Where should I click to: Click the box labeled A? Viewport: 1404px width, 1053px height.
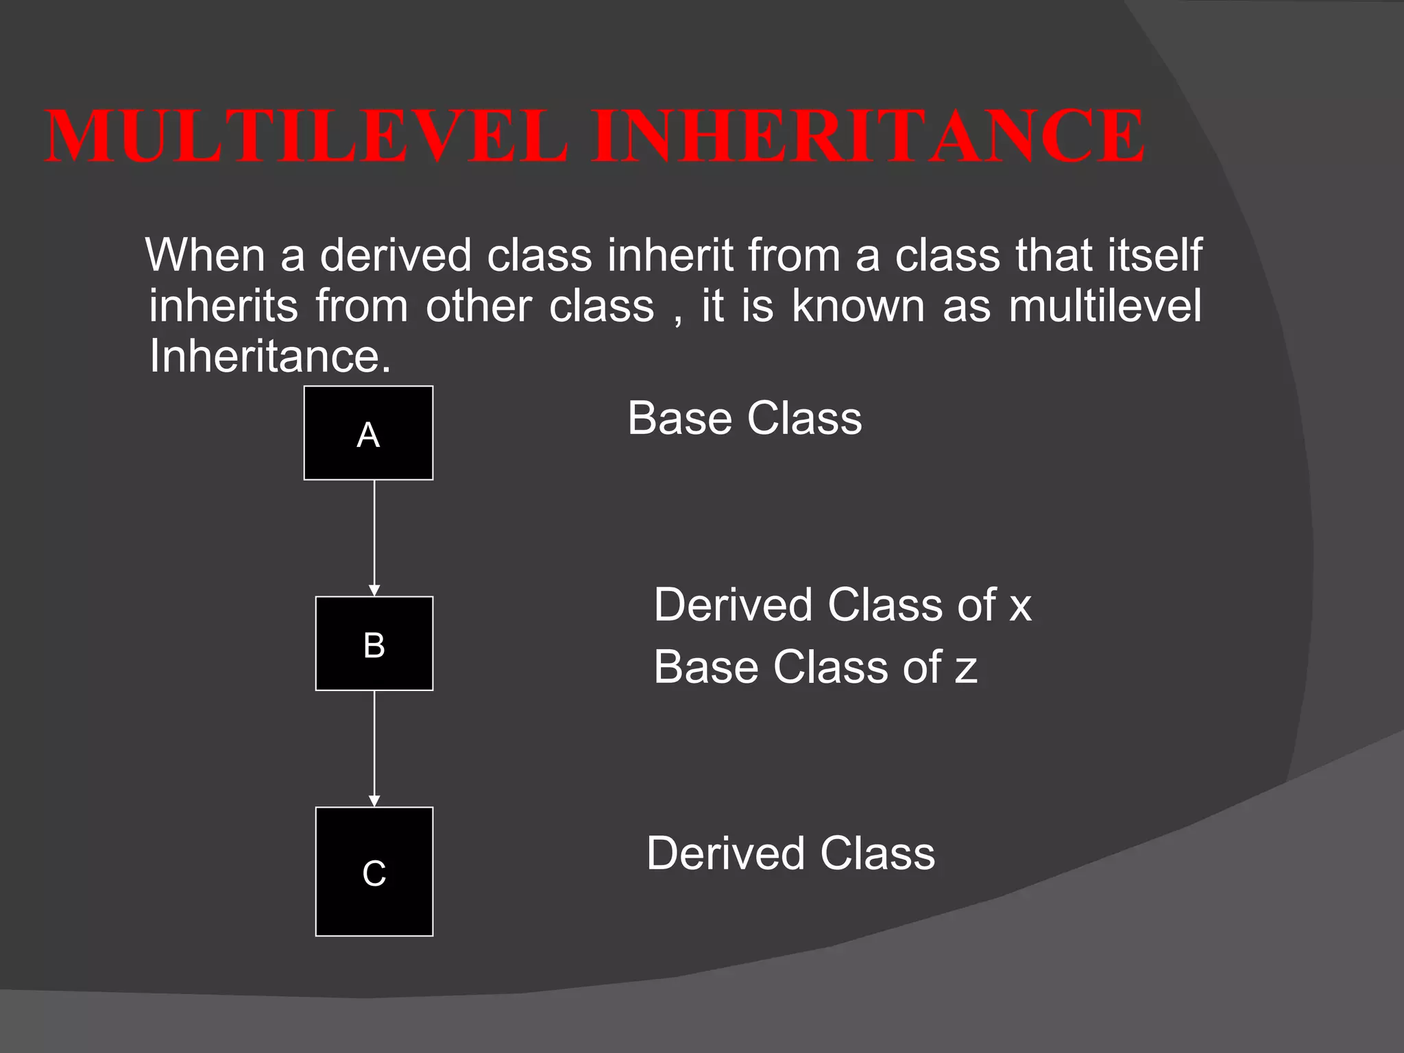pyautogui.click(x=368, y=433)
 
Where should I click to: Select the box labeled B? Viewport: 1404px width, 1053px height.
pyautogui.click(x=374, y=643)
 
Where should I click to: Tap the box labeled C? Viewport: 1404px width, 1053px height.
pyautogui.click(x=374, y=871)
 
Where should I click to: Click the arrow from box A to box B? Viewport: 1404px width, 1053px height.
pyautogui.click(x=374, y=537)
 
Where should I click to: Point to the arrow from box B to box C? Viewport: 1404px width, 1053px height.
pyautogui.click(x=374, y=748)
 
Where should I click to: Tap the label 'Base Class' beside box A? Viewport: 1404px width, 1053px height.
pyautogui.click(x=745, y=418)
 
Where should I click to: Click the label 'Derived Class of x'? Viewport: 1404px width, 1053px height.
pyautogui.click(x=842, y=605)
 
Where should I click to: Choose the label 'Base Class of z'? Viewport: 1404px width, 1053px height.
pyautogui.click(x=815, y=667)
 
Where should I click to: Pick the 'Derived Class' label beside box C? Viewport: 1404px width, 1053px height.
pyautogui.click(x=790, y=854)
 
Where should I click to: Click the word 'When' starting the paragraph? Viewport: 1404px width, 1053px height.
pyautogui.click(x=205, y=255)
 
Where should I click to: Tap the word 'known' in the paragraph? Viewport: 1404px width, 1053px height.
pyautogui.click(x=858, y=306)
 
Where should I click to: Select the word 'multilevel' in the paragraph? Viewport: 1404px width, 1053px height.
pyautogui.click(x=1105, y=306)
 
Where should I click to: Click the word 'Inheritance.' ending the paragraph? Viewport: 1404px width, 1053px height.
pyautogui.click(x=269, y=356)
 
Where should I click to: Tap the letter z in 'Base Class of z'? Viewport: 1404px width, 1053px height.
pyautogui.click(x=966, y=670)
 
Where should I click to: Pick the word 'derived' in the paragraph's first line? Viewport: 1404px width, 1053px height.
pyautogui.click(x=396, y=255)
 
